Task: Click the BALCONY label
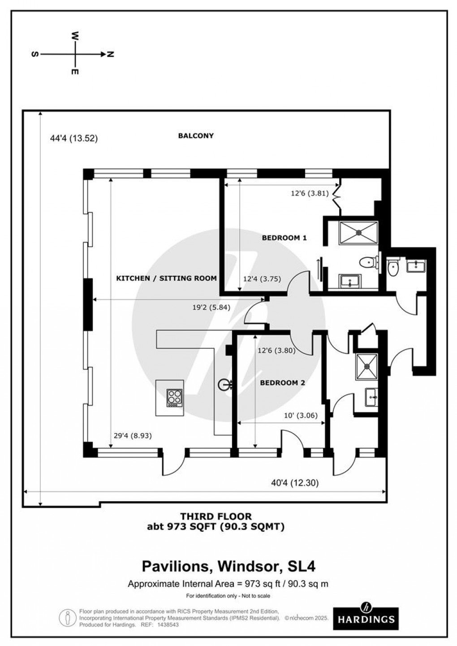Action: (x=195, y=135)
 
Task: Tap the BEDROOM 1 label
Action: (x=284, y=238)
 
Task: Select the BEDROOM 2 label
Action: (x=282, y=383)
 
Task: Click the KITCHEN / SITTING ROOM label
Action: (x=166, y=278)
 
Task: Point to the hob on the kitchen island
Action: (x=175, y=398)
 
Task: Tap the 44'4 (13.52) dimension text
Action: (x=73, y=139)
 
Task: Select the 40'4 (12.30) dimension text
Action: (x=295, y=483)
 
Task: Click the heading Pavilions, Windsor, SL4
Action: (x=228, y=566)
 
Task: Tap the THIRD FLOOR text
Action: (x=216, y=517)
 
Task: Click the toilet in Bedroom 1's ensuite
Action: (x=368, y=261)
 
